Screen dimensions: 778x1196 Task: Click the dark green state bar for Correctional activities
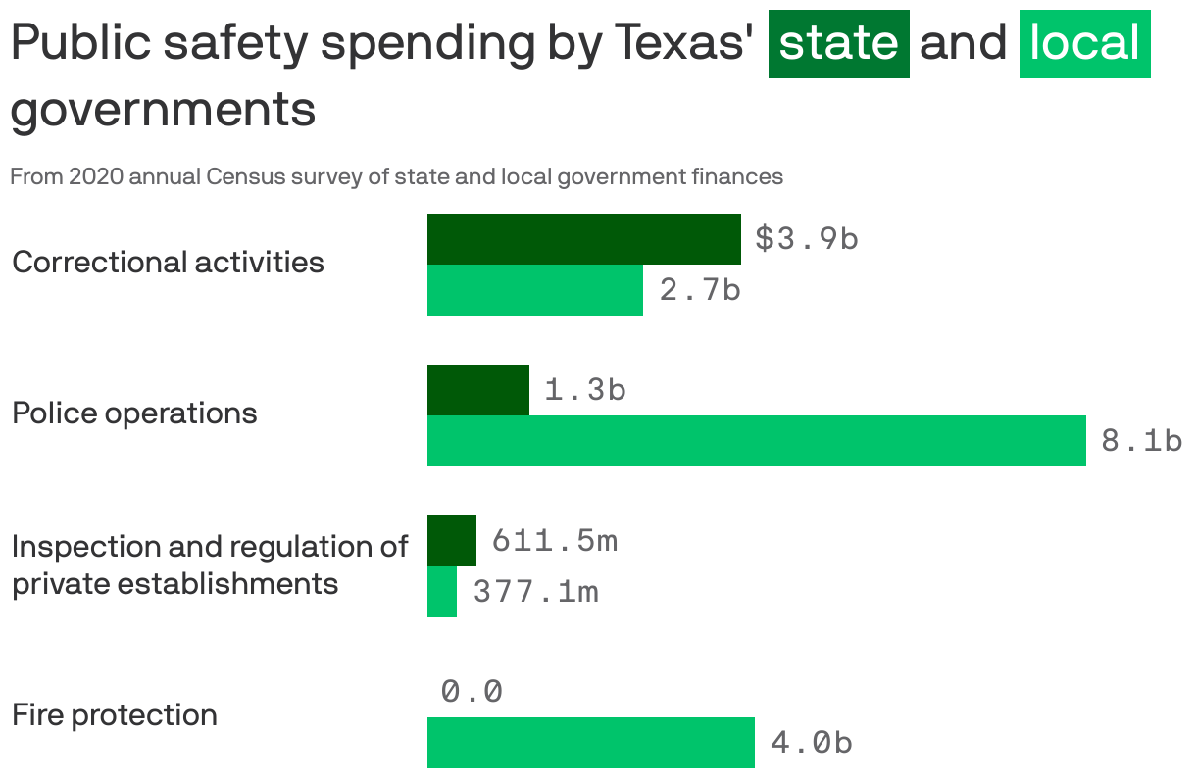click(x=583, y=239)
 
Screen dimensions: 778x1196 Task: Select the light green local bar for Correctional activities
click(x=534, y=290)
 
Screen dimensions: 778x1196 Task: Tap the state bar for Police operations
click(x=478, y=390)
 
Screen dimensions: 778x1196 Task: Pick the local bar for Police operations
click(x=756, y=441)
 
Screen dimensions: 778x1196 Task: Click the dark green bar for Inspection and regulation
click(x=452, y=541)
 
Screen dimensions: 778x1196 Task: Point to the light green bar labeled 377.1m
click(x=442, y=592)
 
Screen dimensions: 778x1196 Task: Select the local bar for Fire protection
click(x=590, y=743)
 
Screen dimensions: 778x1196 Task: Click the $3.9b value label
click(x=806, y=239)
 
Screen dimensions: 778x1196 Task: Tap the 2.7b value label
click(x=699, y=290)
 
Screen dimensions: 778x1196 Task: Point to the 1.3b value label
click(x=584, y=390)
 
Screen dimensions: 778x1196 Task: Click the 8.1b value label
click(x=1141, y=441)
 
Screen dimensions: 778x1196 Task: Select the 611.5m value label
click(x=554, y=541)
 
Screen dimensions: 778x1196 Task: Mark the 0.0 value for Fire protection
click(x=472, y=692)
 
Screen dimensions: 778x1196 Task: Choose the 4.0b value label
click(x=811, y=743)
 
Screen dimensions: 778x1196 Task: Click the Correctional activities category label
click(x=168, y=263)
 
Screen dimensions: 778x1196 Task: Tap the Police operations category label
click(x=134, y=413)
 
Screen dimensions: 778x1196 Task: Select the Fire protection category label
click(x=115, y=715)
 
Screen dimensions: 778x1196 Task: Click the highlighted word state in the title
click(x=838, y=44)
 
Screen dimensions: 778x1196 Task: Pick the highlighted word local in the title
click(x=1084, y=44)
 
